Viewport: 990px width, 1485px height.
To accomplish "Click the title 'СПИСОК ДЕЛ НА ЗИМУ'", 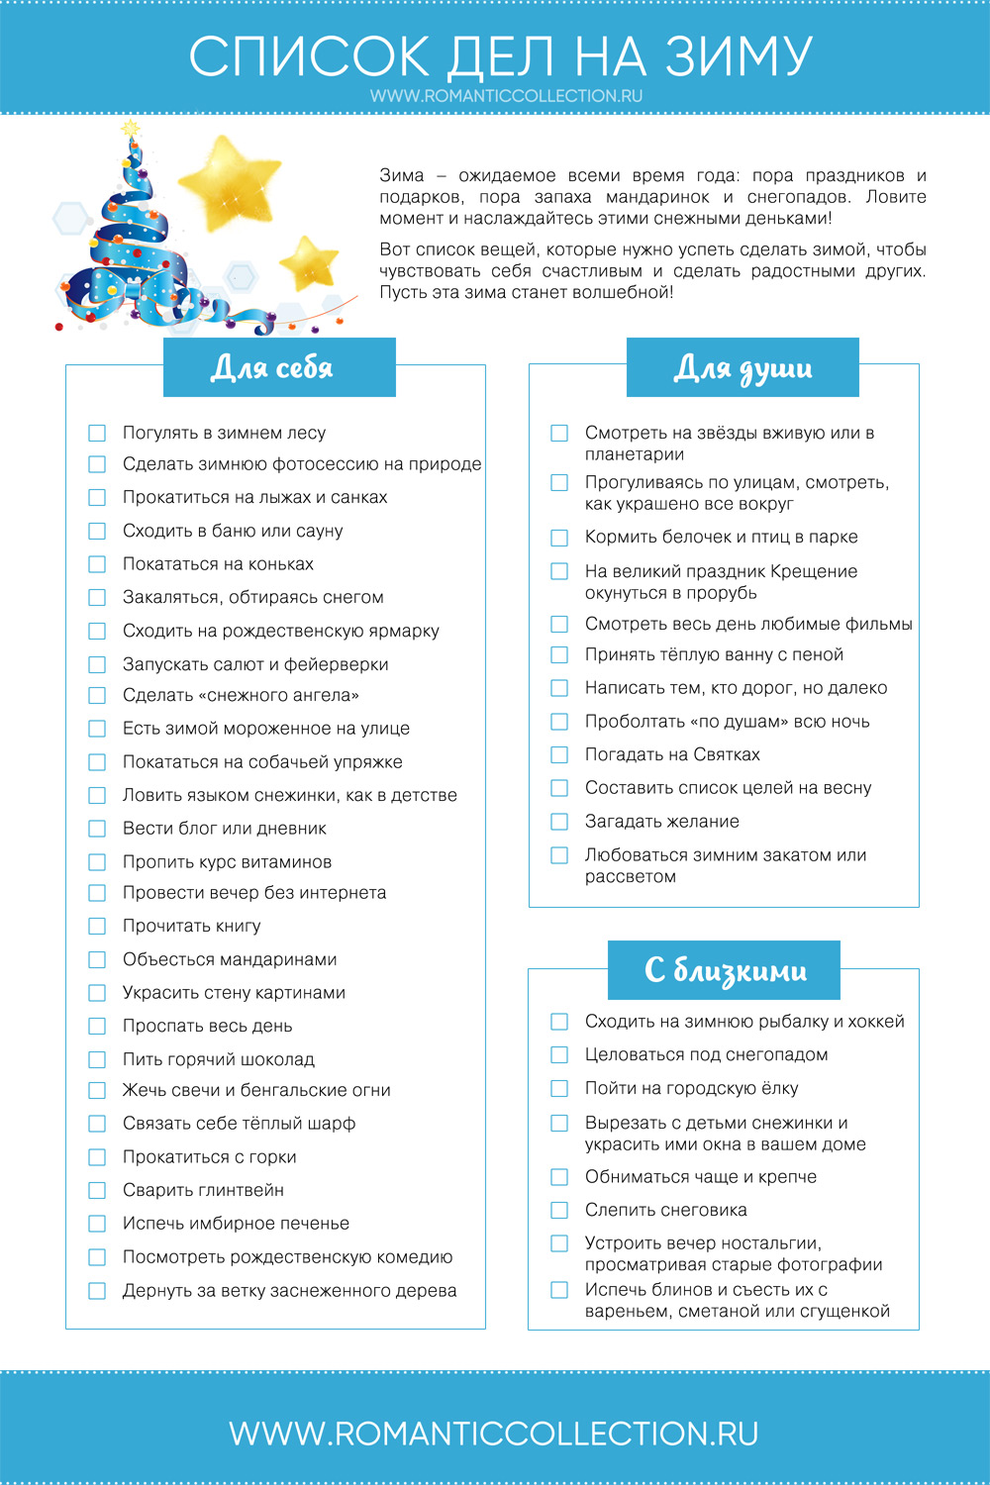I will [500, 56].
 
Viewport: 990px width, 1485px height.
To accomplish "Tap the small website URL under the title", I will [506, 96].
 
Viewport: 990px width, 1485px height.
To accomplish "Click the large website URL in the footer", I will [494, 1434].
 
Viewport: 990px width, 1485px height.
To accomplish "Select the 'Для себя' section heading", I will [272, 367].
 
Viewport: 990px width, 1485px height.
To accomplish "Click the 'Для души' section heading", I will [742, 367].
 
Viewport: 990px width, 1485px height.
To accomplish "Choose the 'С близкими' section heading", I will [725, 970].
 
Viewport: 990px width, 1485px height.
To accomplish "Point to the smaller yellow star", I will [311, 262].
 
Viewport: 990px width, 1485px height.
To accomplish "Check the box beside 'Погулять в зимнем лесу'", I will [97, 433].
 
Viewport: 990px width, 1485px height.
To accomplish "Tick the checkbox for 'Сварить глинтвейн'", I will [97, 1190].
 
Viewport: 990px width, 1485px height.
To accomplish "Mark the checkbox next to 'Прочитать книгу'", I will [97, 926].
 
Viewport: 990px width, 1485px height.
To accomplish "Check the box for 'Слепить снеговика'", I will [559, 1210].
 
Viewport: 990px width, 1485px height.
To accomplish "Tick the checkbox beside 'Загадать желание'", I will [559, 822].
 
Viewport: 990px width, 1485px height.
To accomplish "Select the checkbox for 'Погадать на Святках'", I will [559, 754].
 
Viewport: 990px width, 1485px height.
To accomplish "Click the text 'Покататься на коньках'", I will [218, 564].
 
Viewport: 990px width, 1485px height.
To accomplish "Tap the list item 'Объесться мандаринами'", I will [230, 959].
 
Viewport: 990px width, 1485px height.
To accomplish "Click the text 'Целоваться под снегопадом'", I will [706, 1055].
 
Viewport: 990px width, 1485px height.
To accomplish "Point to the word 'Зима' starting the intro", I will [402, 175].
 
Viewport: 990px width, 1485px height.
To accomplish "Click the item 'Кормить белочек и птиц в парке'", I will [721, 538].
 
